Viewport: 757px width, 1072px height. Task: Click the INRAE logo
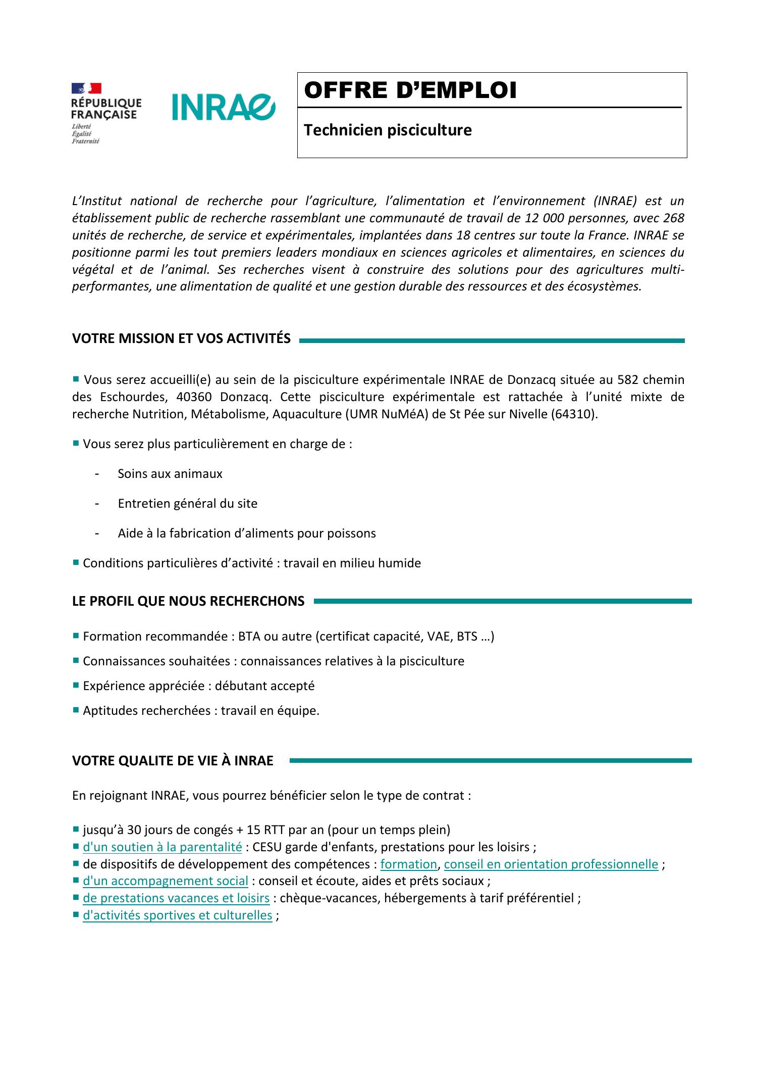pos(224,107)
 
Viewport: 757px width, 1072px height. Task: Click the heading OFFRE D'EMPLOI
pos(410,91)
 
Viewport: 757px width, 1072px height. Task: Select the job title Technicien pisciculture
pos(388,130)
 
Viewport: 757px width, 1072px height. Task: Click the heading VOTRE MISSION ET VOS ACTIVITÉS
pos(181,338)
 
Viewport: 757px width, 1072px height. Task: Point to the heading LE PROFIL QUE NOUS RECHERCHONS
pos(188,601)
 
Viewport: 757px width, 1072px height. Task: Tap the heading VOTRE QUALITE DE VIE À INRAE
pos(173,761)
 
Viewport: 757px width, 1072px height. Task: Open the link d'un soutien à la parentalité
pos(162,847)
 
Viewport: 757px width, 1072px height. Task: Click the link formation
pos(408,864)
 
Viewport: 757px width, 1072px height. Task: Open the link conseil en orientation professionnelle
pos(551,864)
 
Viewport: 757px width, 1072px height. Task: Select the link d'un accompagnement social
pos(165,881)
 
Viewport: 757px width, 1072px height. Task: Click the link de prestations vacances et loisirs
pos(176,898)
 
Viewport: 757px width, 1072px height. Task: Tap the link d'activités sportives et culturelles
pos(177,915)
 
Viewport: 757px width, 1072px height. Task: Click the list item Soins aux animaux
pos(170,474)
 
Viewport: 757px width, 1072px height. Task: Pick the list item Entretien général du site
pos(187,504)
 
